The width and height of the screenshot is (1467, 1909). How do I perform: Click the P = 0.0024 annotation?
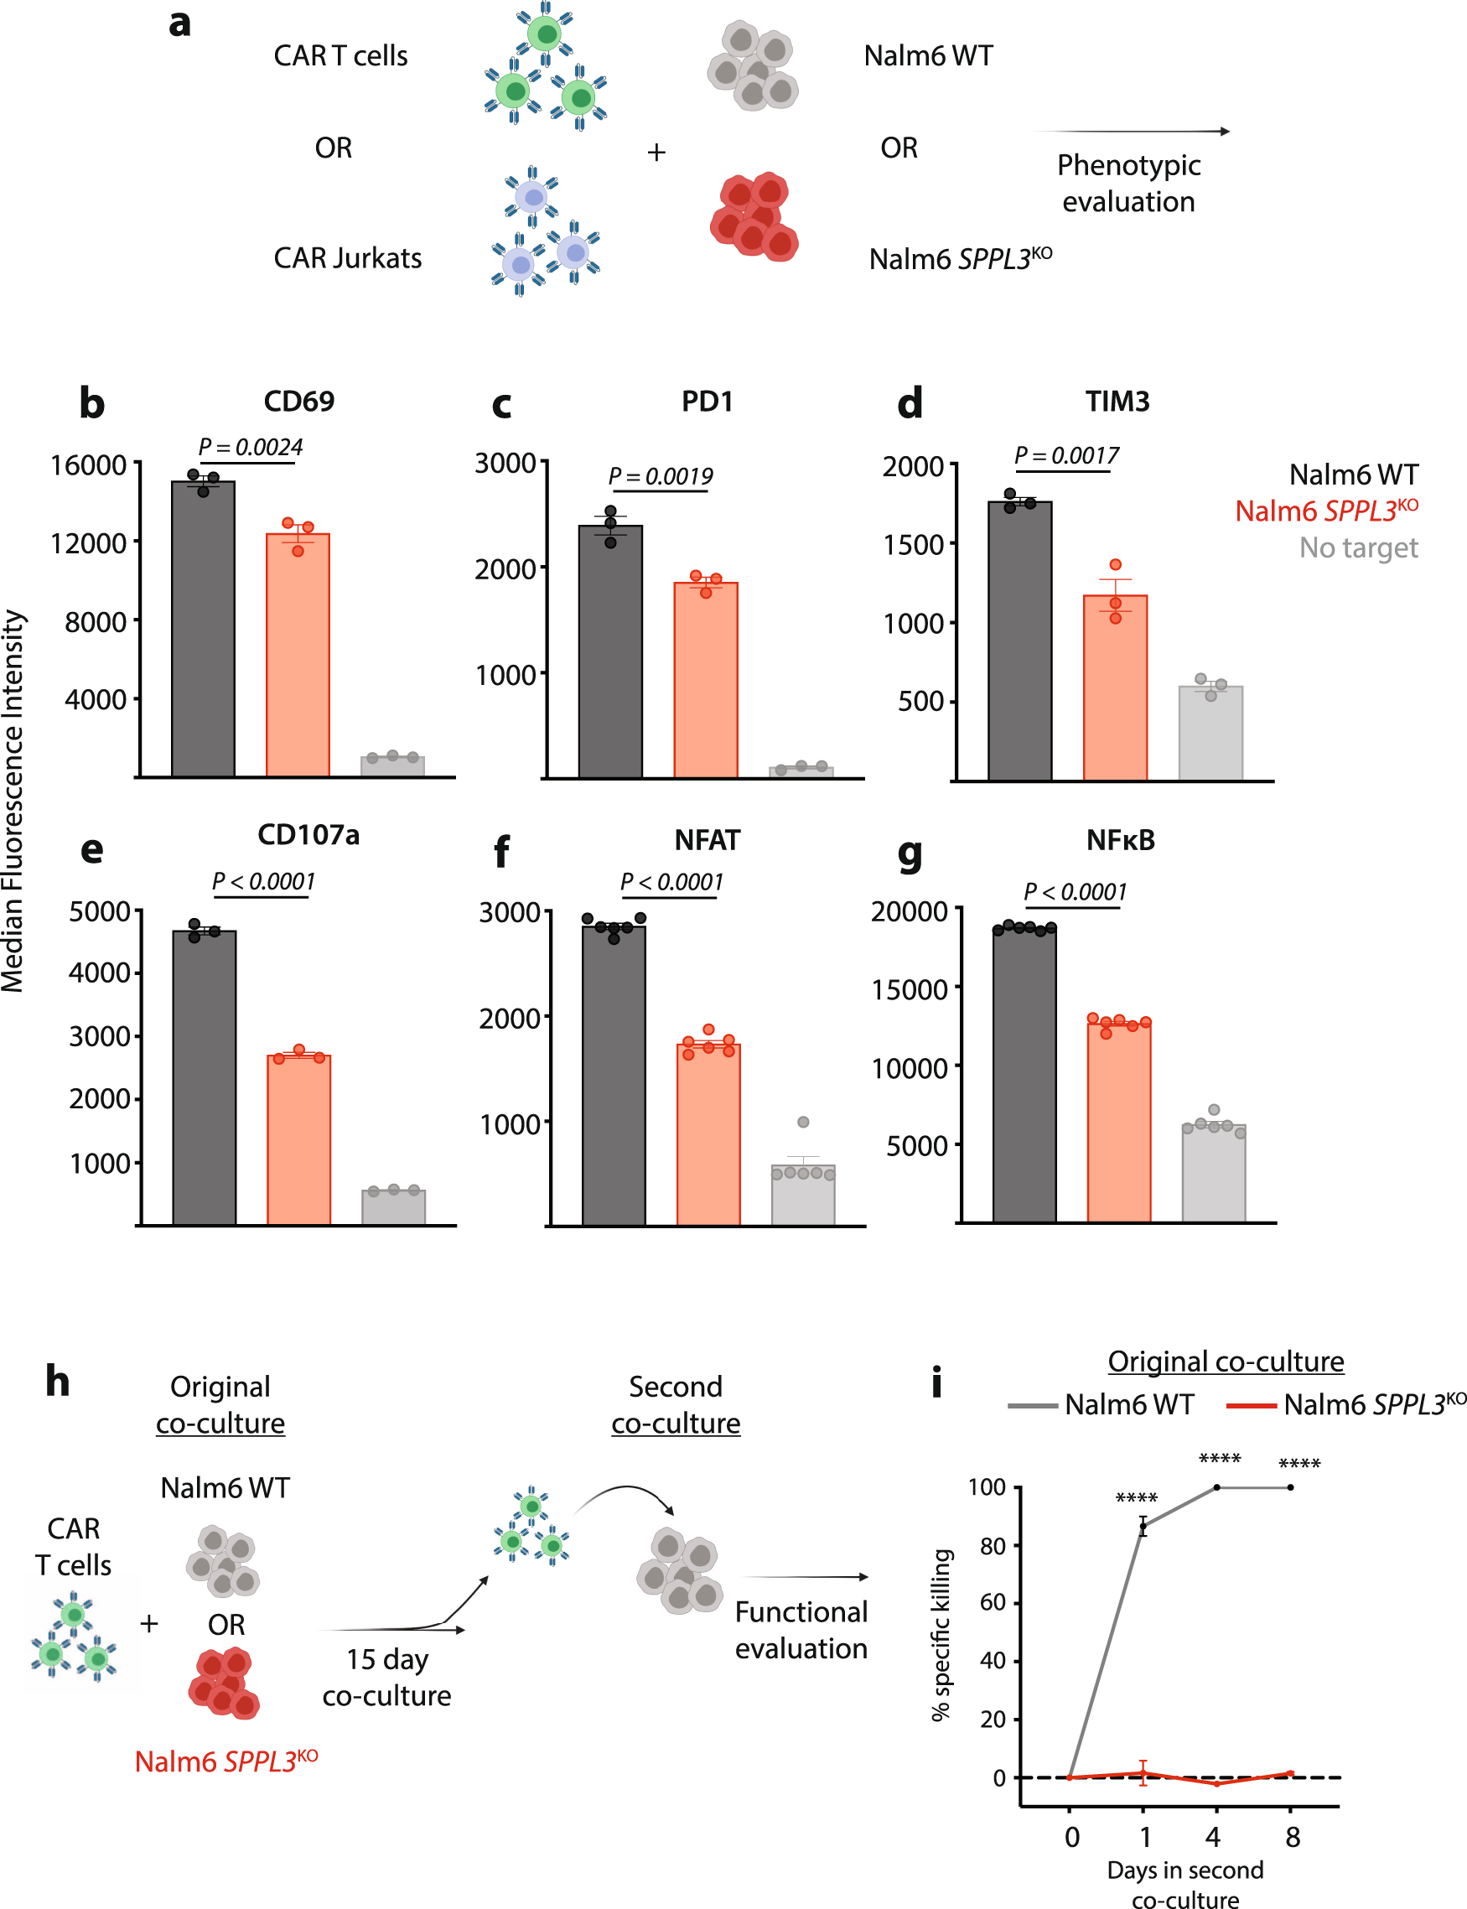250,448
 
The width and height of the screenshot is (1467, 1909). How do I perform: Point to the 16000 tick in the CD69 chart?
88,465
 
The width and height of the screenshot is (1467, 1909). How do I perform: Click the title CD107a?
308,835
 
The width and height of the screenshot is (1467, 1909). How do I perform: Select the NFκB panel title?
1120,840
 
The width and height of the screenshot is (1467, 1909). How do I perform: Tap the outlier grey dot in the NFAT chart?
803,1122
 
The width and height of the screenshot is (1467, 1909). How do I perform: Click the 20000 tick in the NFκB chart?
909,911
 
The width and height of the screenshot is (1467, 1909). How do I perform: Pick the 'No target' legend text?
1358,547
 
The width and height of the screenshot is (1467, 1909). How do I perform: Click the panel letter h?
58,1382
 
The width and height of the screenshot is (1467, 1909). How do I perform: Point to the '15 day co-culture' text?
386,1677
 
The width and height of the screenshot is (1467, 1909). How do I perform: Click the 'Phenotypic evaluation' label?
1128,184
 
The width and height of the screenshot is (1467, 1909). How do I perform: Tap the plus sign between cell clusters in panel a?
656,153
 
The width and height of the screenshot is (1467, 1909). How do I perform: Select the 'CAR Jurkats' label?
348,258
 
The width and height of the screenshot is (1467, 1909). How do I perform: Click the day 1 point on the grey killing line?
1143,1527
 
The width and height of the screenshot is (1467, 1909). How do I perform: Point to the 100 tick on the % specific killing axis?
987,1487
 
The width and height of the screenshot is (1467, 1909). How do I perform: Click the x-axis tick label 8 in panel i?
1293,1838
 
